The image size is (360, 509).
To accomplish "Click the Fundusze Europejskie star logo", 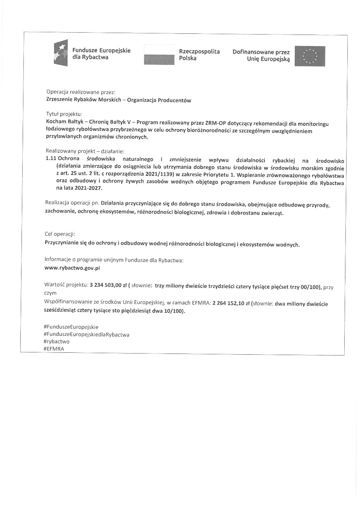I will [x=61, y=53].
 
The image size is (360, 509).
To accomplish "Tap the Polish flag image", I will [x=159, y=55].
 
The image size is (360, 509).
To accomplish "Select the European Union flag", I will [x=310, y=56].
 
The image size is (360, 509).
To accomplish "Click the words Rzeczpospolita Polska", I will [x=199, y=55].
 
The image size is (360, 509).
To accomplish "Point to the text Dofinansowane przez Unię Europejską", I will [x=261, y=56].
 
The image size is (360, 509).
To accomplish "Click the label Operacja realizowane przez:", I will [x=81, y=92].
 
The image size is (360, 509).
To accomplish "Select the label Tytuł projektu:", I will [x=64, y=114].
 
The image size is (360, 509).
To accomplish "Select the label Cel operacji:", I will [x=60, y=234].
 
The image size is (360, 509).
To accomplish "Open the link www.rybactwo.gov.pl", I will [x=72, y=268].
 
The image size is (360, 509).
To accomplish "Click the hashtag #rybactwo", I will [x=57, y=341].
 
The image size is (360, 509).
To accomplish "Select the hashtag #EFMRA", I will [x=54, y=349].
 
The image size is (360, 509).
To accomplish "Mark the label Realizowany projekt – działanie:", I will [x=85, y=151].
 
